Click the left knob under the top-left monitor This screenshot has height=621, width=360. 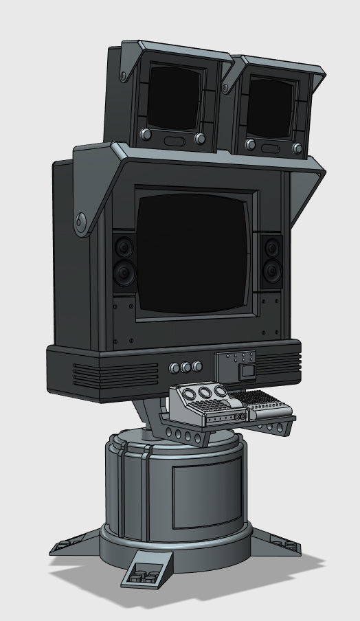point(145,134)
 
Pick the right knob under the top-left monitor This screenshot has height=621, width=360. point(200,139)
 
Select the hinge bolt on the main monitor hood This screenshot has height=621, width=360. point(82,221)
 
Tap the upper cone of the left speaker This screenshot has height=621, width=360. point(124,245)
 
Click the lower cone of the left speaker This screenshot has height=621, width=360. point(124,274)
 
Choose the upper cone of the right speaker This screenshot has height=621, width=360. point(271,247)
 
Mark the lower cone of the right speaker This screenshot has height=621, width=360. point(272,274)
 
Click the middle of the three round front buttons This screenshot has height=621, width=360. point(185,367)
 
